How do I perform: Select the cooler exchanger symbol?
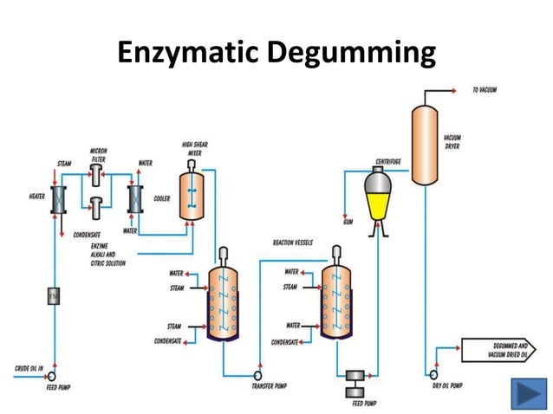click(134, 198)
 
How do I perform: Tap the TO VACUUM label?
click(484, 90)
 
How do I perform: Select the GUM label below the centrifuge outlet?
click(348, 223)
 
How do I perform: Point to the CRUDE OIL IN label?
click(28, 369)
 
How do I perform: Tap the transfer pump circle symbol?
click(257, 374)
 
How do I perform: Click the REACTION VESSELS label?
click(293, 243)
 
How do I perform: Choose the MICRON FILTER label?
click(98, 155)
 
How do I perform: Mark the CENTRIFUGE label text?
click(387, 161)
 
